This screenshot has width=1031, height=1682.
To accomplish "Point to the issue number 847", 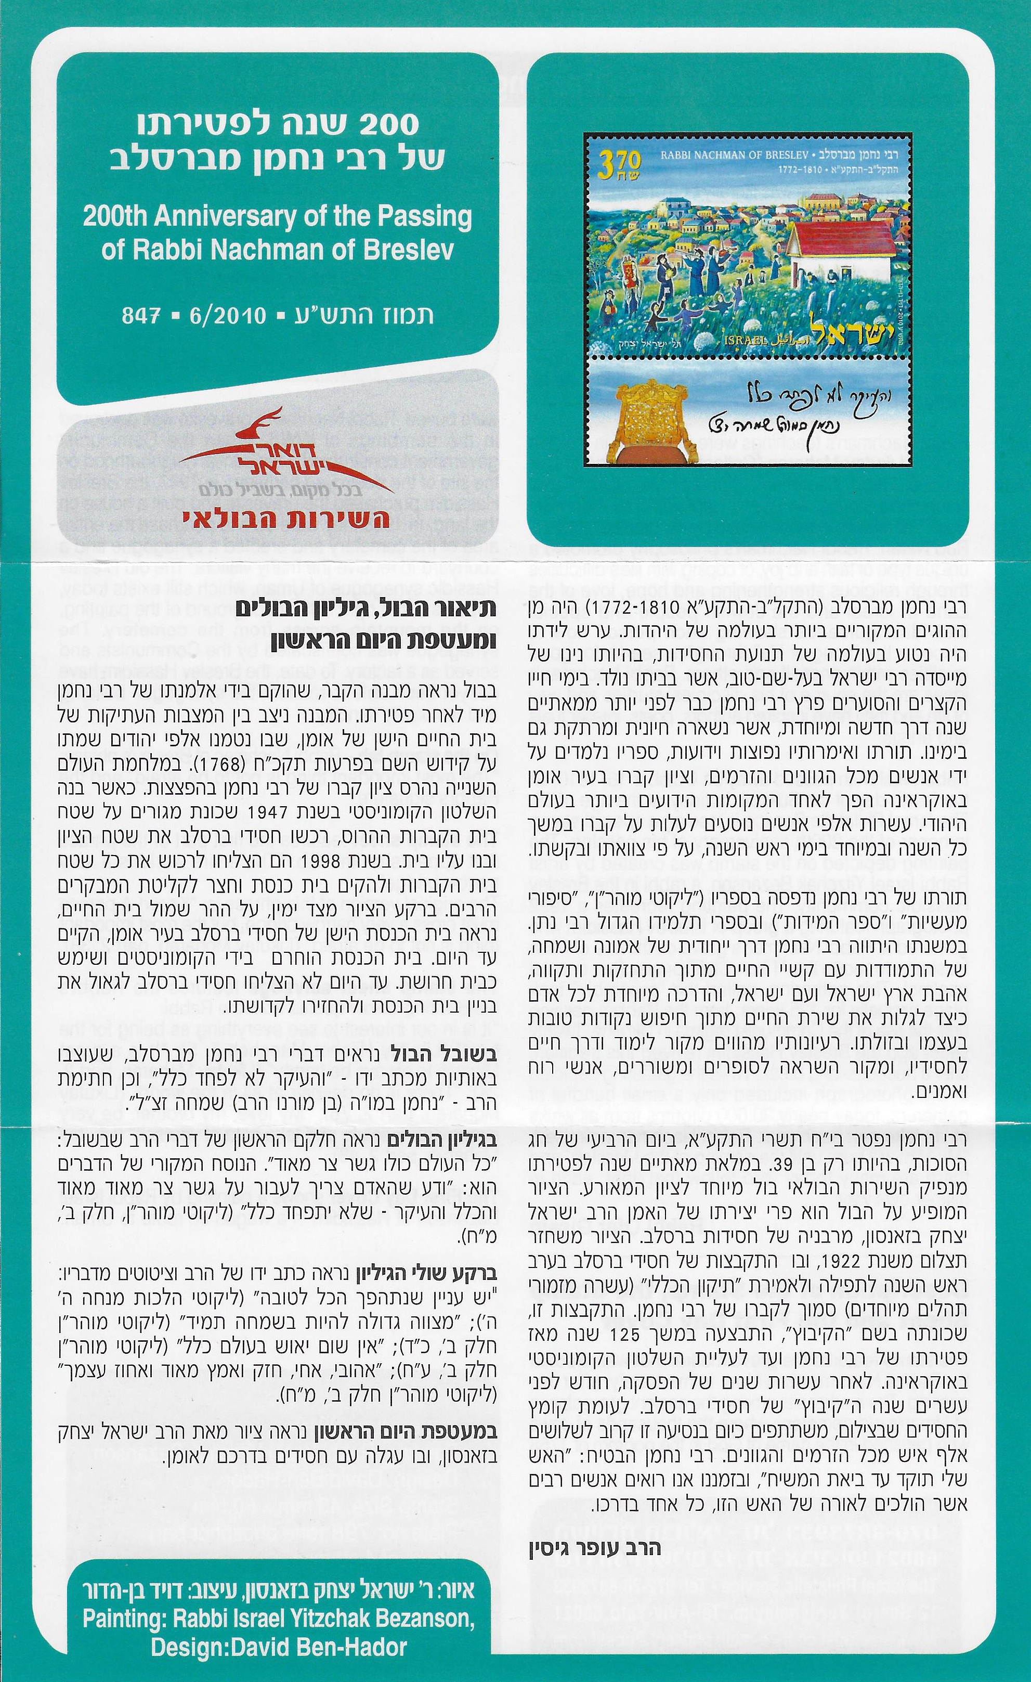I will coord(141,315).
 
